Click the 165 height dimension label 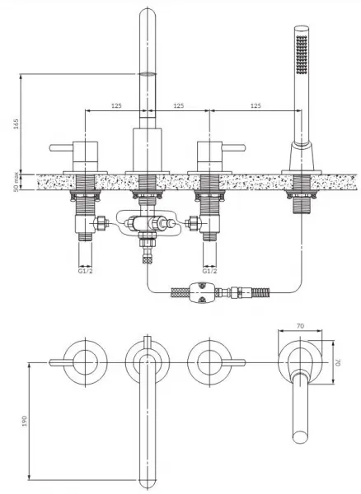click(x=16, y=123)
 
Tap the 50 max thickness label click(x=16, y=182)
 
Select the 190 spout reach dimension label click(x=25, y=421)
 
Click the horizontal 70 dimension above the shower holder click(x=301, y=326)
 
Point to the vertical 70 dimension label click(x=338, y=362)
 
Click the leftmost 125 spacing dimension click(x=116, y=105)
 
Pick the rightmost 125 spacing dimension click(x=256, y=105)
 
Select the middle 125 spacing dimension click(x=179, y=105)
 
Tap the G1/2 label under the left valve click(x=86, y=271)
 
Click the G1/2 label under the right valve click(x=209, y=271)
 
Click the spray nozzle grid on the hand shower click(x=302, y=54)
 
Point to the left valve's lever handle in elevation click(x=61, y=147)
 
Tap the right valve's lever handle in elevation click(x=233, y=147)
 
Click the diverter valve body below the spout click(x=148, y=224)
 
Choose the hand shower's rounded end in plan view click(x=300, y=437)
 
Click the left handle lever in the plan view click(x=62, y=362)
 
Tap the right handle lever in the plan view click(x=233, y=362)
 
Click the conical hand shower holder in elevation click(x=302, y=156)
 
